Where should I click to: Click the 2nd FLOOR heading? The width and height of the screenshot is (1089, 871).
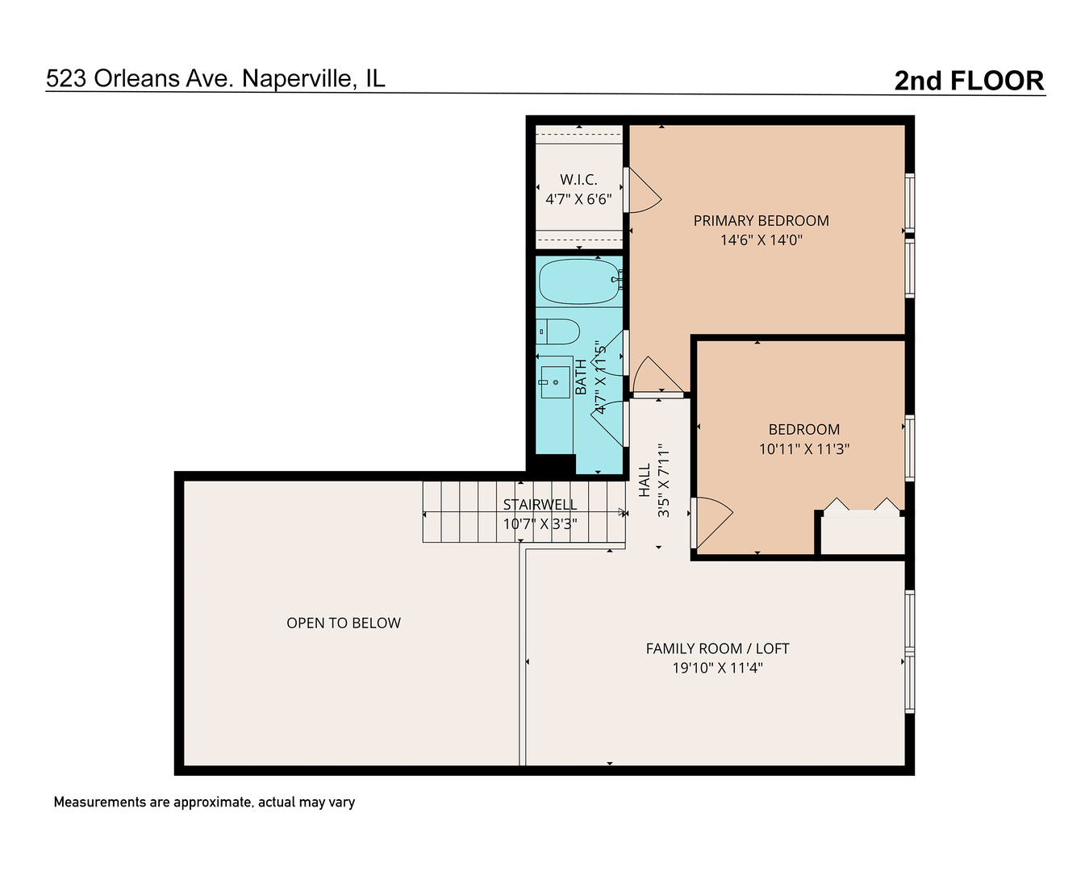pos(969,81)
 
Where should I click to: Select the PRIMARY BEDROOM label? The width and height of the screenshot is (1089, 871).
pos(761,220)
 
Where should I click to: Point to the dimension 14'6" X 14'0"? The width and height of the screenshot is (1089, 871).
pos(761,240)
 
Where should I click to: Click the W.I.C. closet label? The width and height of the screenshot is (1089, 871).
pos(578,179)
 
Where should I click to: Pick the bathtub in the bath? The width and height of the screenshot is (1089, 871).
pos(578,281)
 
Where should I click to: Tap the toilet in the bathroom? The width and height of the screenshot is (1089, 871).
pos(558,331)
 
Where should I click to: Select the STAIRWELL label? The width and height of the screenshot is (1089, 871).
pos(540,504)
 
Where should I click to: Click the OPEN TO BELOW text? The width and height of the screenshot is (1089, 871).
pos(344,623)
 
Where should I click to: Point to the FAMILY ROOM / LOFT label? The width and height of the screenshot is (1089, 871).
pos(717,648)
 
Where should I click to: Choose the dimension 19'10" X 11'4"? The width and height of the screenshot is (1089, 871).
pos(717,668)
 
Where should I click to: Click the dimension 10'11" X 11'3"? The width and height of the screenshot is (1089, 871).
pos(803,449)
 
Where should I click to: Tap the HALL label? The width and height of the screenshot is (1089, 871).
pos(645,480)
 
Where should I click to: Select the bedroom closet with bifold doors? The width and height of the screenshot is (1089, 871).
pos(862,533)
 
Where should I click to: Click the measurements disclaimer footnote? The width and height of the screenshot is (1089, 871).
pos(204,802)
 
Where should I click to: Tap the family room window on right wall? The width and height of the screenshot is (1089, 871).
pos(910,652)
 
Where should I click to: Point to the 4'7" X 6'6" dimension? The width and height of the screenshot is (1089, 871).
pos(578,198)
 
